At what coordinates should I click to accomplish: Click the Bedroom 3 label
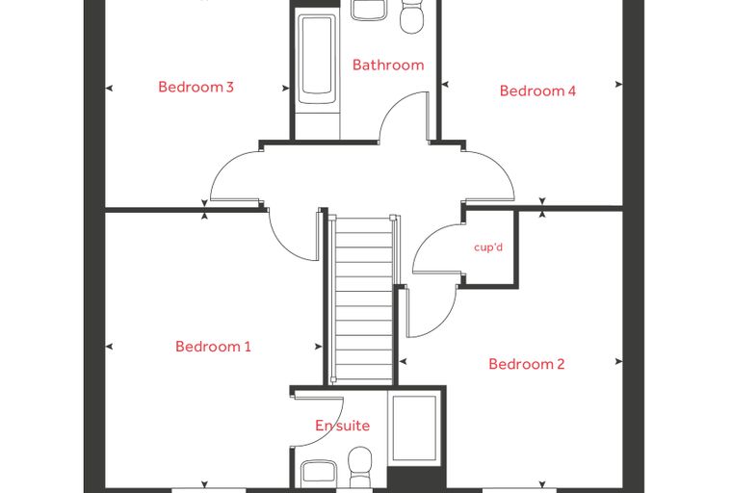[x=196, y=87]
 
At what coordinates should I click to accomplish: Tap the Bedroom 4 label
[x=537, y=91]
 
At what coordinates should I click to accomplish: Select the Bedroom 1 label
[x=213, y=347]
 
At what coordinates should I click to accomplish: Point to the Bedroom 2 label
[x=526, y=364]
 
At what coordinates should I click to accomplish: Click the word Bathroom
[x=388, y=65]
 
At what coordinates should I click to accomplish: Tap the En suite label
[x=342, y=426]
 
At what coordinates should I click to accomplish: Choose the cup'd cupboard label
[x=488, y=246]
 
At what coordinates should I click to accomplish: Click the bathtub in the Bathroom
[x=317, y=60]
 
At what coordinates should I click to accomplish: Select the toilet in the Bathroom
[x=411, y=16]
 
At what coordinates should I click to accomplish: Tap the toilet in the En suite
[x=360, y=467]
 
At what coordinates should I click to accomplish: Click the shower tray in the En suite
[x=414, y=429]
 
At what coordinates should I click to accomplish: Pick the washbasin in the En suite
[x=319, y=474]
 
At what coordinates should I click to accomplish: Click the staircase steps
[x=364, y=299]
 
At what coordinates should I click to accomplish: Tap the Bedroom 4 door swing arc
[x=503, y=169]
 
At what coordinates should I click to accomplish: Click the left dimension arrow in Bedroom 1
[x=109, y=347]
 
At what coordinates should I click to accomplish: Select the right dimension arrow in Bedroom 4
[x=619, y=84]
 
